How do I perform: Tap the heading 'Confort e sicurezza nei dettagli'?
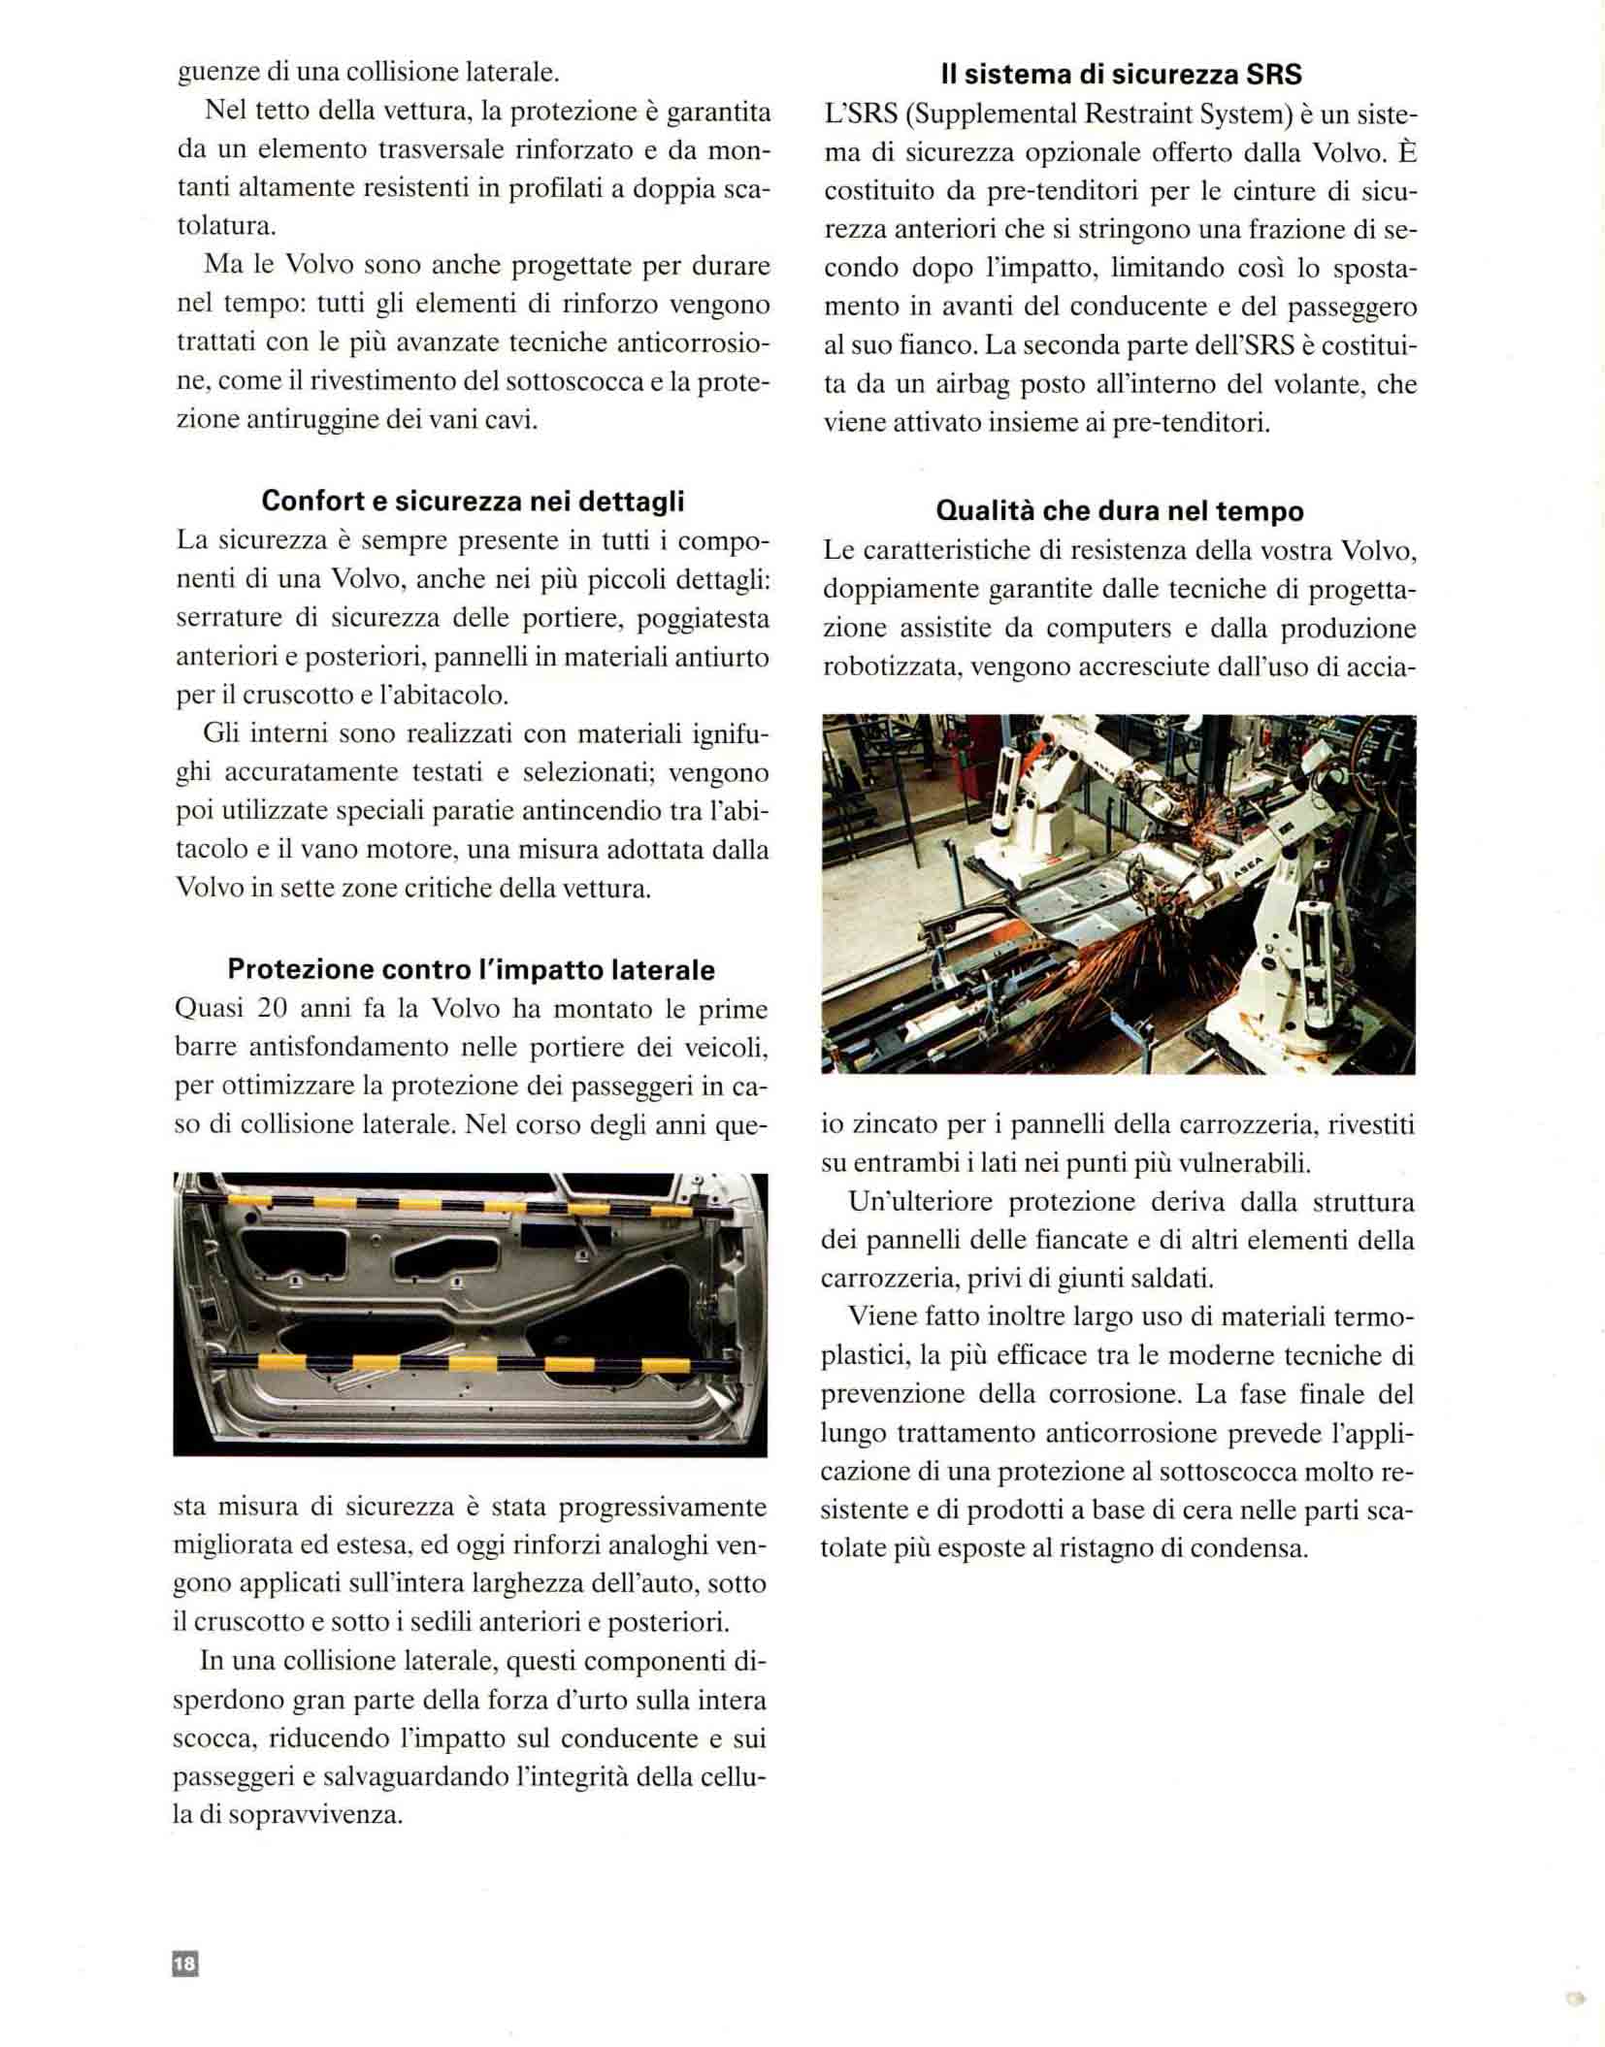[x=473, y=501]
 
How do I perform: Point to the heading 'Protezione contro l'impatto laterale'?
[x=471, y=969]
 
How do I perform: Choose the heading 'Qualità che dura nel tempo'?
[x=1120, y=510]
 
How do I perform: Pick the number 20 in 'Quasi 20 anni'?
[x=273, y=1009]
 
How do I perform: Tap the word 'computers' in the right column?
[x=1095, y=628]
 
